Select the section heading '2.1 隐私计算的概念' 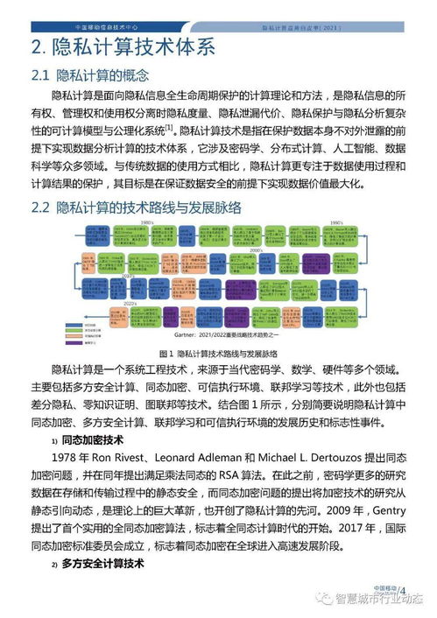click(102, 75)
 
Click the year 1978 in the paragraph click(68, 460)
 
